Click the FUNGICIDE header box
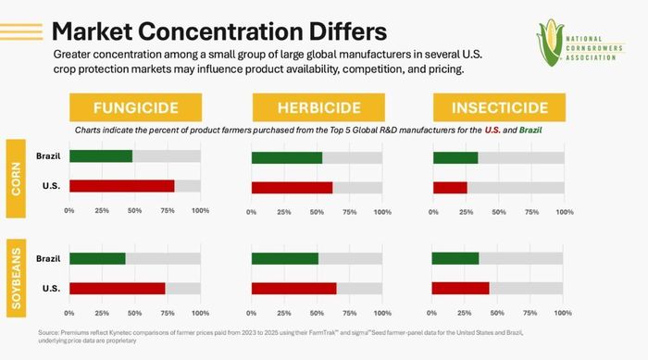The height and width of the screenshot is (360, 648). (x=135, y=107)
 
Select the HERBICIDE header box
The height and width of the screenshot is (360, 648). (x=318, y=107)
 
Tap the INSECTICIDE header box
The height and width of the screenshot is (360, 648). (x=499, y=107)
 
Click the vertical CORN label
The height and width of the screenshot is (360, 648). (x=16, y=179)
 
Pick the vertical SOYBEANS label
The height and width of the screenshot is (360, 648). (x=16, y=279)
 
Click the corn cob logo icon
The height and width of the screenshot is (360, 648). (x=551, y=43)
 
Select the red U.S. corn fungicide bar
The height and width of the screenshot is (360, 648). (x=122, y=186)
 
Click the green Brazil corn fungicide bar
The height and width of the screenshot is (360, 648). (x=101, y=156)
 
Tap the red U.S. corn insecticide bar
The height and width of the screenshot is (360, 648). (x=450, y=188)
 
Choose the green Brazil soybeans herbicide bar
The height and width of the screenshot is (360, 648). (x=285, y=259)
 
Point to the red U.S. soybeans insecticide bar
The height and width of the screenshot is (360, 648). (x=460, y=289)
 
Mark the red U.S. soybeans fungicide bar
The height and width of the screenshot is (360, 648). (x=118, y=289)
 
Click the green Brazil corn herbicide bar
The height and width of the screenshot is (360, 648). (x=287, y=158)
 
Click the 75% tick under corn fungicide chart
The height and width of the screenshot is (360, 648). (x=168, y=211)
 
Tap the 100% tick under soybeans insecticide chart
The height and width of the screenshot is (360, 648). (x=563, y=314)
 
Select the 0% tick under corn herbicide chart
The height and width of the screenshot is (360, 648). (x=251, y=213)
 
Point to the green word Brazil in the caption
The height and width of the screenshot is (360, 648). (x=530, y=130)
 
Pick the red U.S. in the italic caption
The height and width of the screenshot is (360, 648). (x=492, y=130)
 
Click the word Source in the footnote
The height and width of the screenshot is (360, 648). (x=48, y=333)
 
